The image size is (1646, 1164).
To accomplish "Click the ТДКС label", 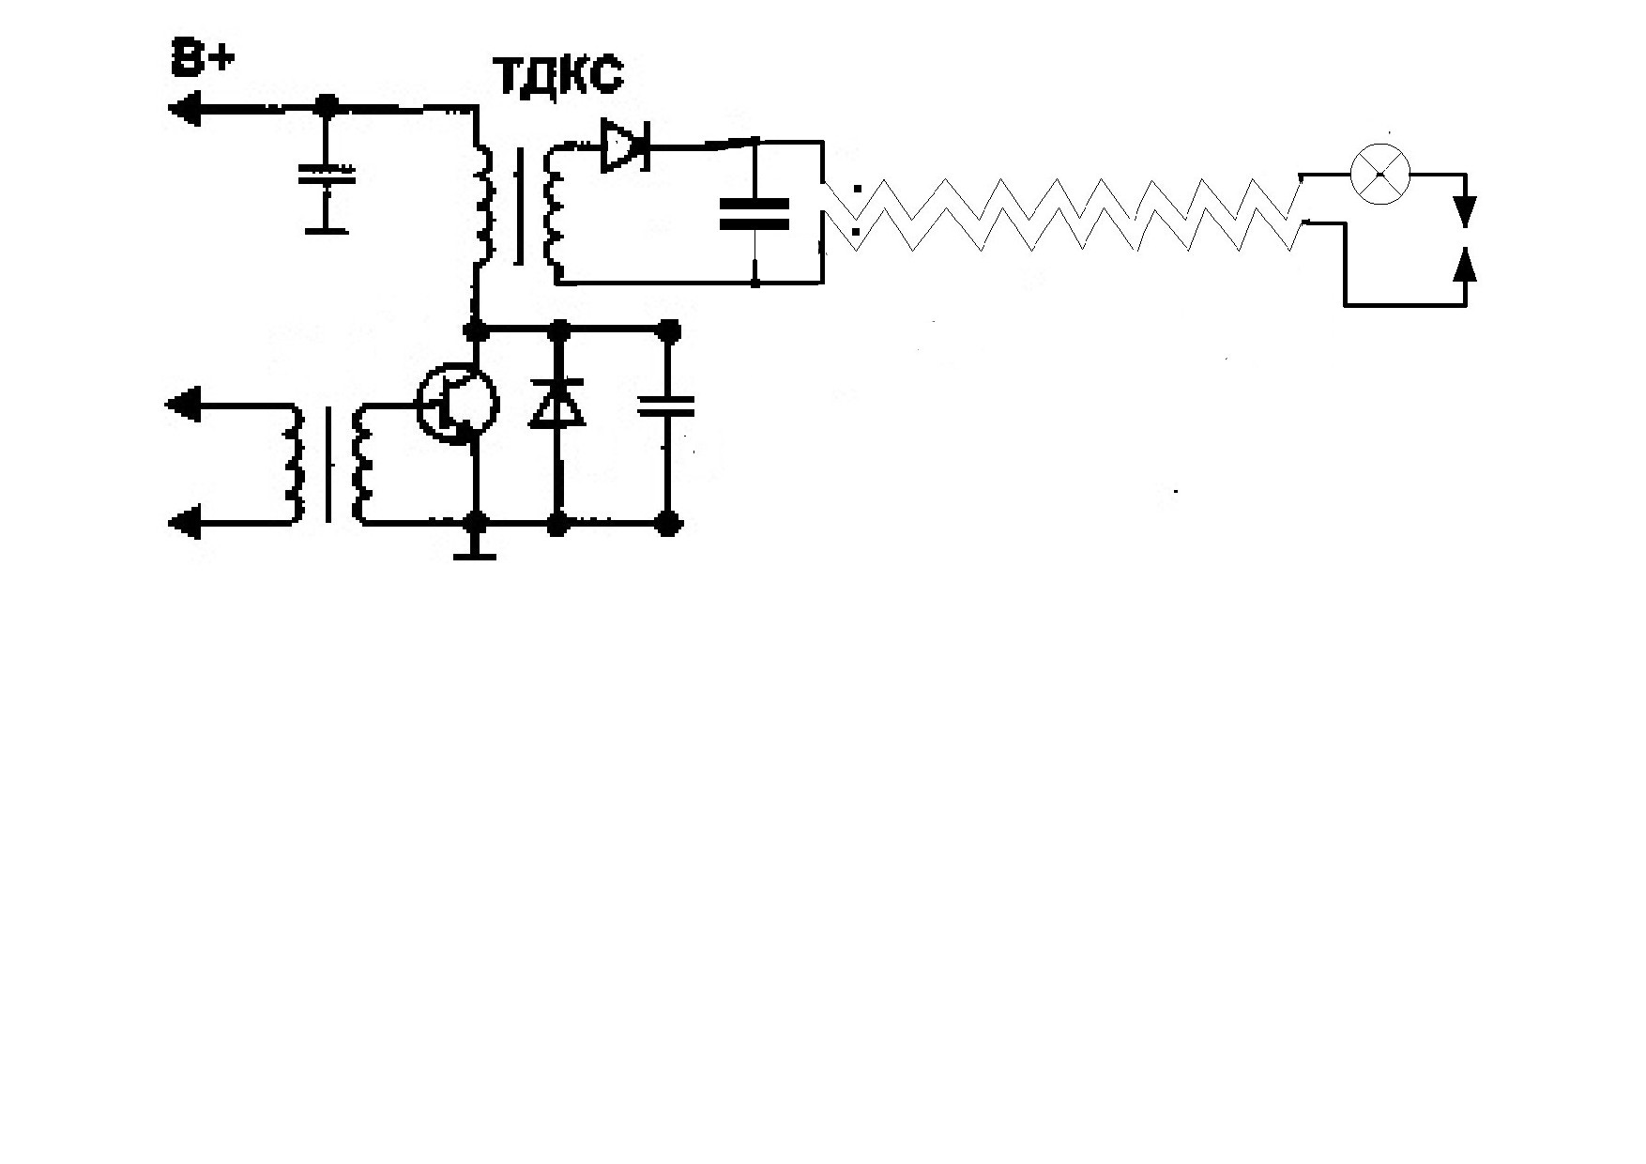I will [x=557, y=75].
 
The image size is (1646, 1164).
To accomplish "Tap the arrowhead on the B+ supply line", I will [x=185, y=109].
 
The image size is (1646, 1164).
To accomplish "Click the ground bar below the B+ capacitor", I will [x=326, y=228].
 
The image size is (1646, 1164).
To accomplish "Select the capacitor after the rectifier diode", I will [x=754, y=213].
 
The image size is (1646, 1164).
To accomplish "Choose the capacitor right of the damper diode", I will [x=666, y=406].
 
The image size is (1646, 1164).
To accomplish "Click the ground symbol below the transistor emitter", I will [x=476, y=555].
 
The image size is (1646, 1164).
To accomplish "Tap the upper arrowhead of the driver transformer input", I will [x=183, y=405].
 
